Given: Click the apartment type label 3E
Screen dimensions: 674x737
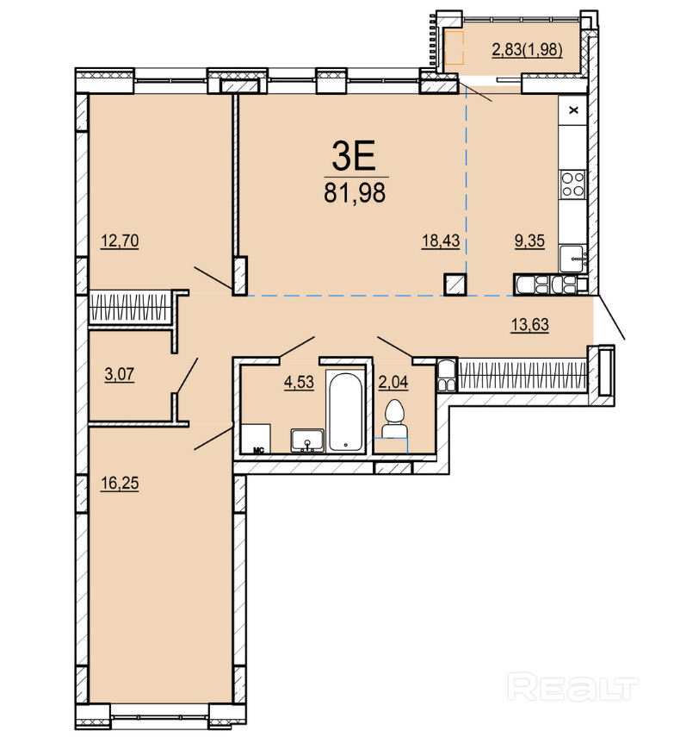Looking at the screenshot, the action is click(354, 157).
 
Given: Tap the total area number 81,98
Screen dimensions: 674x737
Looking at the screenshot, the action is click(355, 192).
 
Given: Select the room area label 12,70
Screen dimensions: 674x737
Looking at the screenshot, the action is click(120, 240).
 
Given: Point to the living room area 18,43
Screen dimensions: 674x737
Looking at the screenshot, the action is click(440, 240).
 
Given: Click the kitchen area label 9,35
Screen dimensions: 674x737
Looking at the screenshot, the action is click(529, 240).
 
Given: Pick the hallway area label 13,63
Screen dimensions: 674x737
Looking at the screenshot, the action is click(530, 324).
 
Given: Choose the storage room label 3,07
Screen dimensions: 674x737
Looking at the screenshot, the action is click(119, 374).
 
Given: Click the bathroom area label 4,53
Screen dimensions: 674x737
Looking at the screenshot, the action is click(299, 382).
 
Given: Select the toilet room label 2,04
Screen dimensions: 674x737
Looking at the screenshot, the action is click(393, 382).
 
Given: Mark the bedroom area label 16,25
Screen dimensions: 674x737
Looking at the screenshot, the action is click(120, 483).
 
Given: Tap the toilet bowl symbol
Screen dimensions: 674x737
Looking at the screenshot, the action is click(393, 420).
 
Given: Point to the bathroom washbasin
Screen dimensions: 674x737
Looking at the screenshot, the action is click(307, 440).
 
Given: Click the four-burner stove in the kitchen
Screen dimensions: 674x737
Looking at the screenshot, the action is click(573, 184).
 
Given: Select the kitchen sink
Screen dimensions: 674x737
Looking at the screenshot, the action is click(572, 258).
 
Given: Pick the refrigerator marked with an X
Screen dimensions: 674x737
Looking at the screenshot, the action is click(572, 110).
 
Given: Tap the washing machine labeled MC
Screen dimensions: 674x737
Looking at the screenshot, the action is click(256, 439).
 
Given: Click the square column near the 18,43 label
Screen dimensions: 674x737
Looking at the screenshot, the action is click(455, 284).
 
